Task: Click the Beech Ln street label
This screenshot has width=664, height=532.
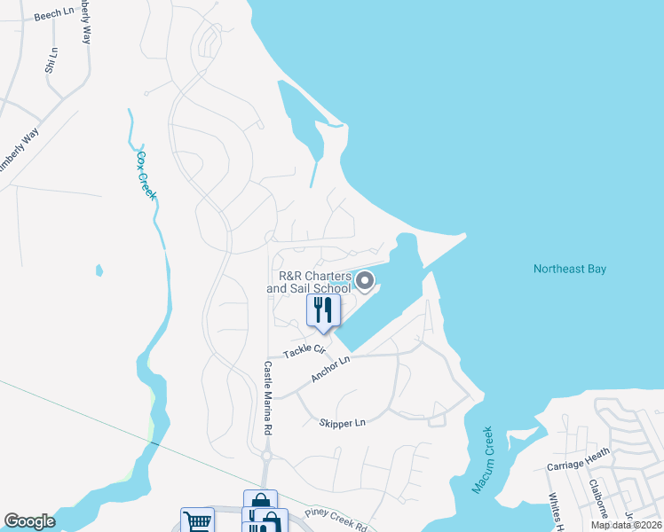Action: (x=54, y=15)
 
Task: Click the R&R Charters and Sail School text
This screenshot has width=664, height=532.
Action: (x=308, y=282)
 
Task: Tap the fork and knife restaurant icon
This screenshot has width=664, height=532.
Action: (x=323, y=310)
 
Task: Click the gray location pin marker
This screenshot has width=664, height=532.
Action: (x=365, y=282)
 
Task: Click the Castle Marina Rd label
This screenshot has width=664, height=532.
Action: (x=266, y=397)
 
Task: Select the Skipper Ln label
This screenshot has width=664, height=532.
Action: (x=342, y=423)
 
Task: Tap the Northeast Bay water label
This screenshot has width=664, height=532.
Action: (x=569, y=269)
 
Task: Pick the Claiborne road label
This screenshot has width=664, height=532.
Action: (x=597, y=500)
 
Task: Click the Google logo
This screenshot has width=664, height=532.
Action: (x=29, y=521)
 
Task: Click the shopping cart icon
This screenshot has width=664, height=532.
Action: (x=197, y=521)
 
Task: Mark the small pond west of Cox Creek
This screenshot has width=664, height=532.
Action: (x=99, y=270)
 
